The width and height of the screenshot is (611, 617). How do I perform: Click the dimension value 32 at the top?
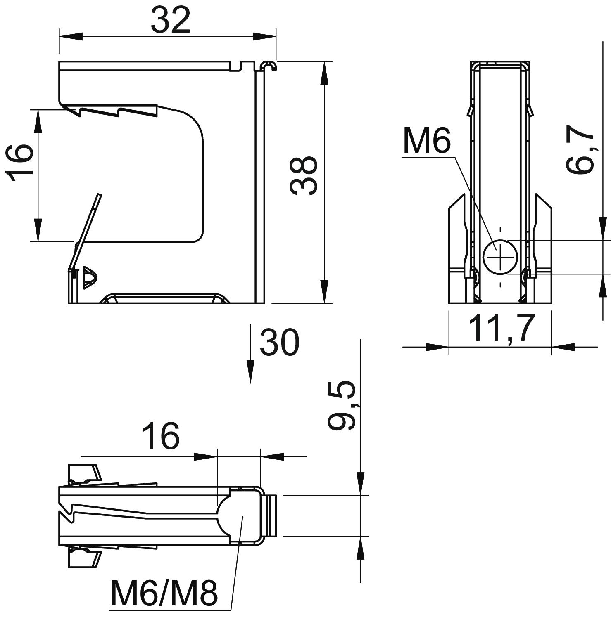pos(170,21)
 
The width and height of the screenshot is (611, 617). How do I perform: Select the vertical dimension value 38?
pos(304,175)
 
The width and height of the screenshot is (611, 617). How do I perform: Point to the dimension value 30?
pos(279,343)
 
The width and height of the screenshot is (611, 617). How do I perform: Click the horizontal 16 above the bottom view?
pos(161,436)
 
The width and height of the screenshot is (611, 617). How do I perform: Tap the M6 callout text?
pos(427,140)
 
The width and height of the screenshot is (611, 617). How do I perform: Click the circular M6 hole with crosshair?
pos(500,257)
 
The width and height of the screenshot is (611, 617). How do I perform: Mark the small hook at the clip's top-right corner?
pos(269,65)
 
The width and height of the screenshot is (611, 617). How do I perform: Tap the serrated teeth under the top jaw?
pos(112,111)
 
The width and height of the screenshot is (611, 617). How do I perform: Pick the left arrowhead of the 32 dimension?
pos(70,37)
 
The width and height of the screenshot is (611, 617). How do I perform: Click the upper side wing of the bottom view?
pos(84,473)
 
